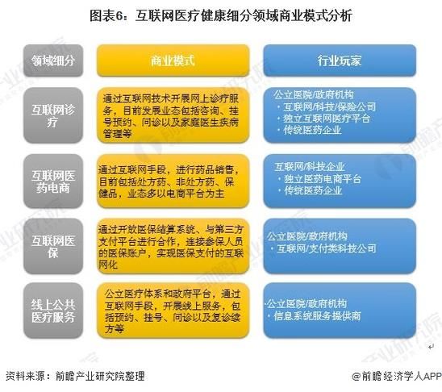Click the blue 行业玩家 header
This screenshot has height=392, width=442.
(x=339, y=60)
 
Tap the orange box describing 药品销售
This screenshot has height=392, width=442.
(x=173, y=181)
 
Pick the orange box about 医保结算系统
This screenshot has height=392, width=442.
(x=173, y=244)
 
